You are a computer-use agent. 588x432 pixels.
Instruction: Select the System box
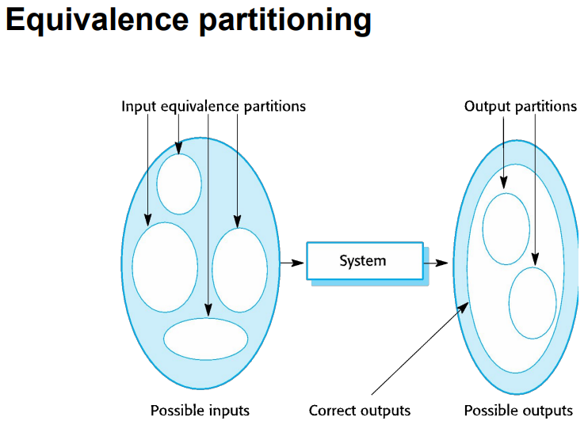pyautogui.click(x=364, y=260)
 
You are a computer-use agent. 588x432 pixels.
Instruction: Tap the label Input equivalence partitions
pyautogui.click(x=213, y=106)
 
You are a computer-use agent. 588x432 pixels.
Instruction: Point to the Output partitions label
pyautogui.click(x=521, y=106)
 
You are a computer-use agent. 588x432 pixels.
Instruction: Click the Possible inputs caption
pyautogui.click(x=200, y=410)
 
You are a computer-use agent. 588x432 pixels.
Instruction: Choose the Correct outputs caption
pyautogui.click(x=360, y=410)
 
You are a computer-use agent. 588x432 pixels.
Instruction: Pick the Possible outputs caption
pyautogui.click(x=518, y=410)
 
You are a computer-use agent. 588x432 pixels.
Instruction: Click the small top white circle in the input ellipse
pyautogui.click(x=179, y=184)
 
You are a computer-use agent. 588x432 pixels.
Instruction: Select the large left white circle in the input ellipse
pyautogui.click(x=165, y=267)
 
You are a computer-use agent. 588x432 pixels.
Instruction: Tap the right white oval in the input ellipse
pyautogui.click(x=240, y=269)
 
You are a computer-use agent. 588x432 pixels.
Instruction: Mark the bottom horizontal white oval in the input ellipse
pyautogui.click(x=206, y=339)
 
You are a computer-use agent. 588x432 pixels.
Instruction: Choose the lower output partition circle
pyautogui.click(x=533, y=303)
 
